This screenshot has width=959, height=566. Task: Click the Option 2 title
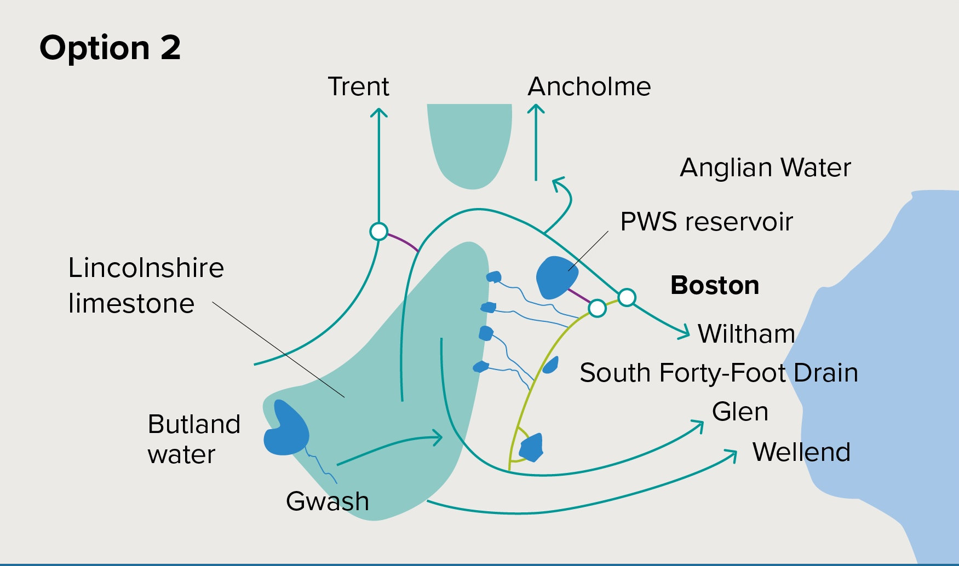[110, 48]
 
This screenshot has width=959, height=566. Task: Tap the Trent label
[358, 86]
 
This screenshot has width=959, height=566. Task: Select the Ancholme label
[589, 86]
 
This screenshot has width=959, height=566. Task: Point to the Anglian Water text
[765, 168]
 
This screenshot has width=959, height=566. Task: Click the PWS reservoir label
[706, 222]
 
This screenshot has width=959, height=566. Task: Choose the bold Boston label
[715, 285]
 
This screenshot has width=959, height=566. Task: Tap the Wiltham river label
[746, 334]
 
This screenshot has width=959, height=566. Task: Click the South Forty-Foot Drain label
[719, 373]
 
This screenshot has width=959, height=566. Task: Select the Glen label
[740, 412]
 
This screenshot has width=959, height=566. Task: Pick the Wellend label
[801, 452]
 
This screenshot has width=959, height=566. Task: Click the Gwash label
[328, 501]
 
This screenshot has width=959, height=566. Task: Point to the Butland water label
[194, 439]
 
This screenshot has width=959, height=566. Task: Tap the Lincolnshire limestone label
[146, 285]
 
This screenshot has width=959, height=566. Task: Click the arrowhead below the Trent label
[378, 112]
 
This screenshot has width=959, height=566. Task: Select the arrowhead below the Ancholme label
[536, 109]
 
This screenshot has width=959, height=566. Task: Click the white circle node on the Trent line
[378, 232]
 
